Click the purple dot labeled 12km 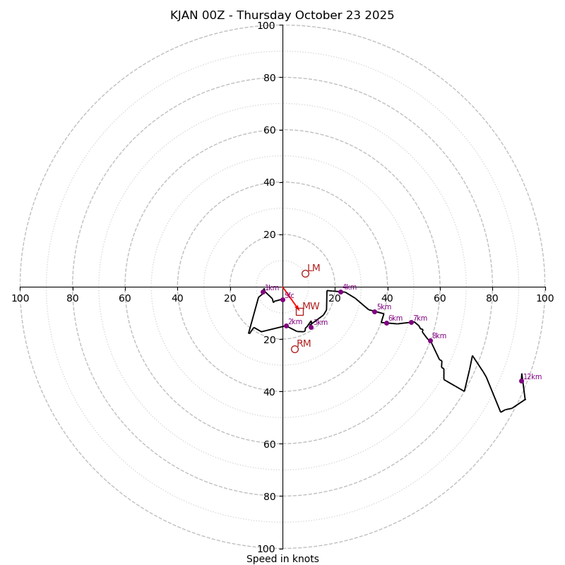coord(521,381)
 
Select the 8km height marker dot coord(430,340)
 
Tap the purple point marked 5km coord(374,311)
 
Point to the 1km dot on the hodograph coord(263,292)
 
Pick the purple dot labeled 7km coord(411,322)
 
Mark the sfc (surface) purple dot coord(282,299)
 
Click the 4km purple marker coord(340,292)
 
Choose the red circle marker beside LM coord(305,273)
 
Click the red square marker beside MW coord(299,311)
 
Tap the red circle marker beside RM coord(295,349)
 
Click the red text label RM coord(304,344)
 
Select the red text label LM coord(314,268)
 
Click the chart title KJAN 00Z coord(282,16)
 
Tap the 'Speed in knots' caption coord(282,559)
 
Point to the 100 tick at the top coord(266,26)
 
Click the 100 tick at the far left coord(20,298)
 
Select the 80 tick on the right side coord(492,298)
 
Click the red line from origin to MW coord(290,298)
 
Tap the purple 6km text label coord(395,319)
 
